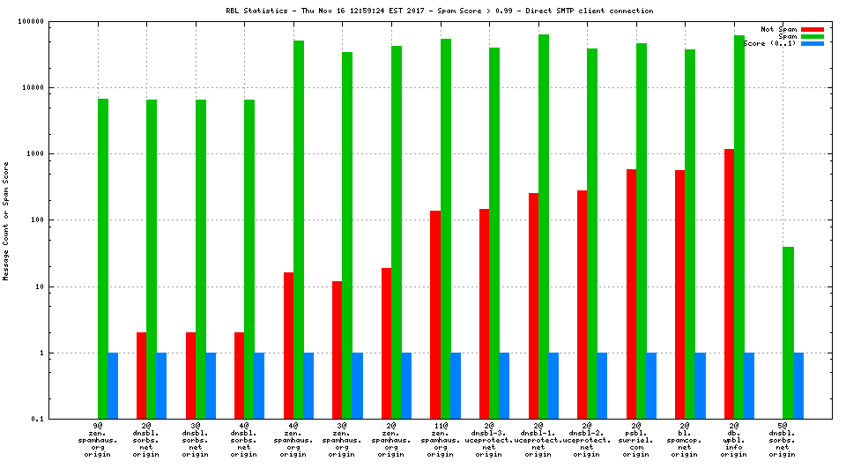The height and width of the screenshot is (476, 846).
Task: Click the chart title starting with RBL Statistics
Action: (x=439, y=11)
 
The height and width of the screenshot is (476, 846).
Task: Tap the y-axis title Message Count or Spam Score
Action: (x=7, y=220)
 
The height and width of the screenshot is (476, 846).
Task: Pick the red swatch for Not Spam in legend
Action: (x=812, y=29)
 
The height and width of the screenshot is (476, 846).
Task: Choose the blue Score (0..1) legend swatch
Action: (x=812, y=43)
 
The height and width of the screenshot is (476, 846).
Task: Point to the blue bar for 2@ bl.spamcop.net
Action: (x=700, y=385)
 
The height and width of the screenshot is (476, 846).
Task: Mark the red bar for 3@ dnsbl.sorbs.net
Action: (x=190, y=376)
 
